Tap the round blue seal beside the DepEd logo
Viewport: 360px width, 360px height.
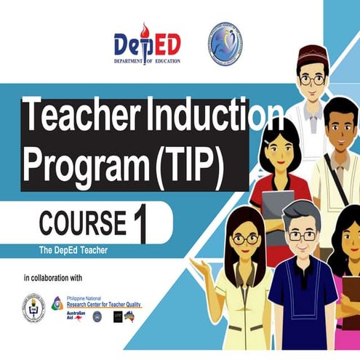pyautogui.click(x=225, y=41)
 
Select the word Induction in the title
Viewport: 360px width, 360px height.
pyautogui.click(x=211, y=119)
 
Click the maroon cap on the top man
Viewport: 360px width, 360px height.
pyautogui.click(x=314, y=55)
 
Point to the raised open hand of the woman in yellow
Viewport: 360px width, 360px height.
pyautogui.click(x=199, y=268)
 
